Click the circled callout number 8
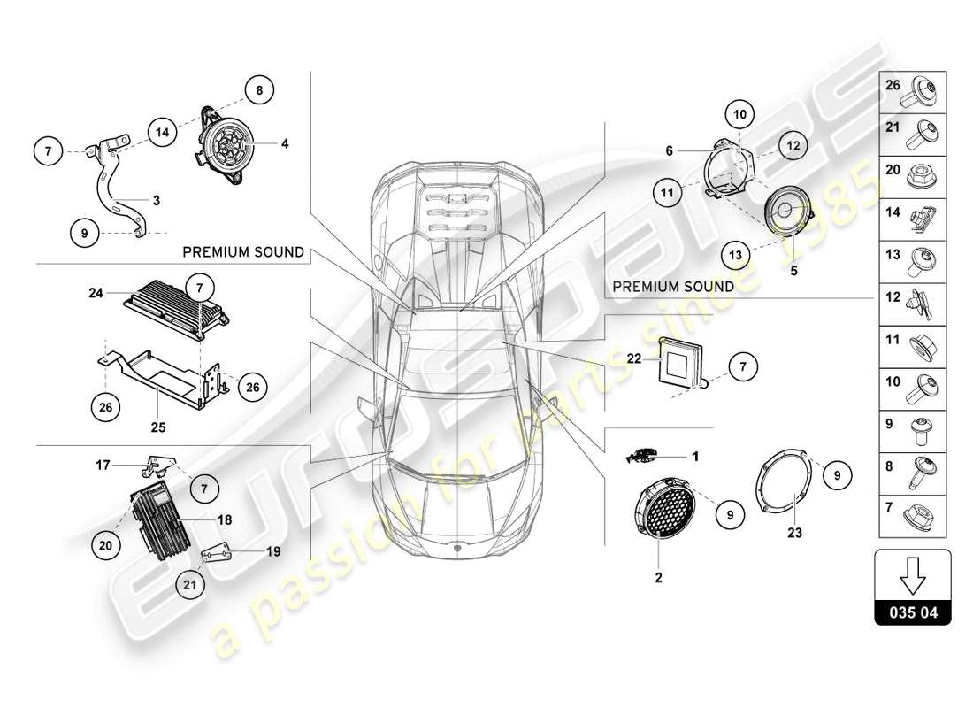pyautogui.click(x=259, y=89)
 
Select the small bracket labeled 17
pyautogui.click(x=157, y=465)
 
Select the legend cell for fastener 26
pyautogui.click(x=913, y=91)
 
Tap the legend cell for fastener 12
pyautogui.click(x=913, y=304)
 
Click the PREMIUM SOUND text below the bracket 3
pyautogui.click(x=242, y=252)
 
